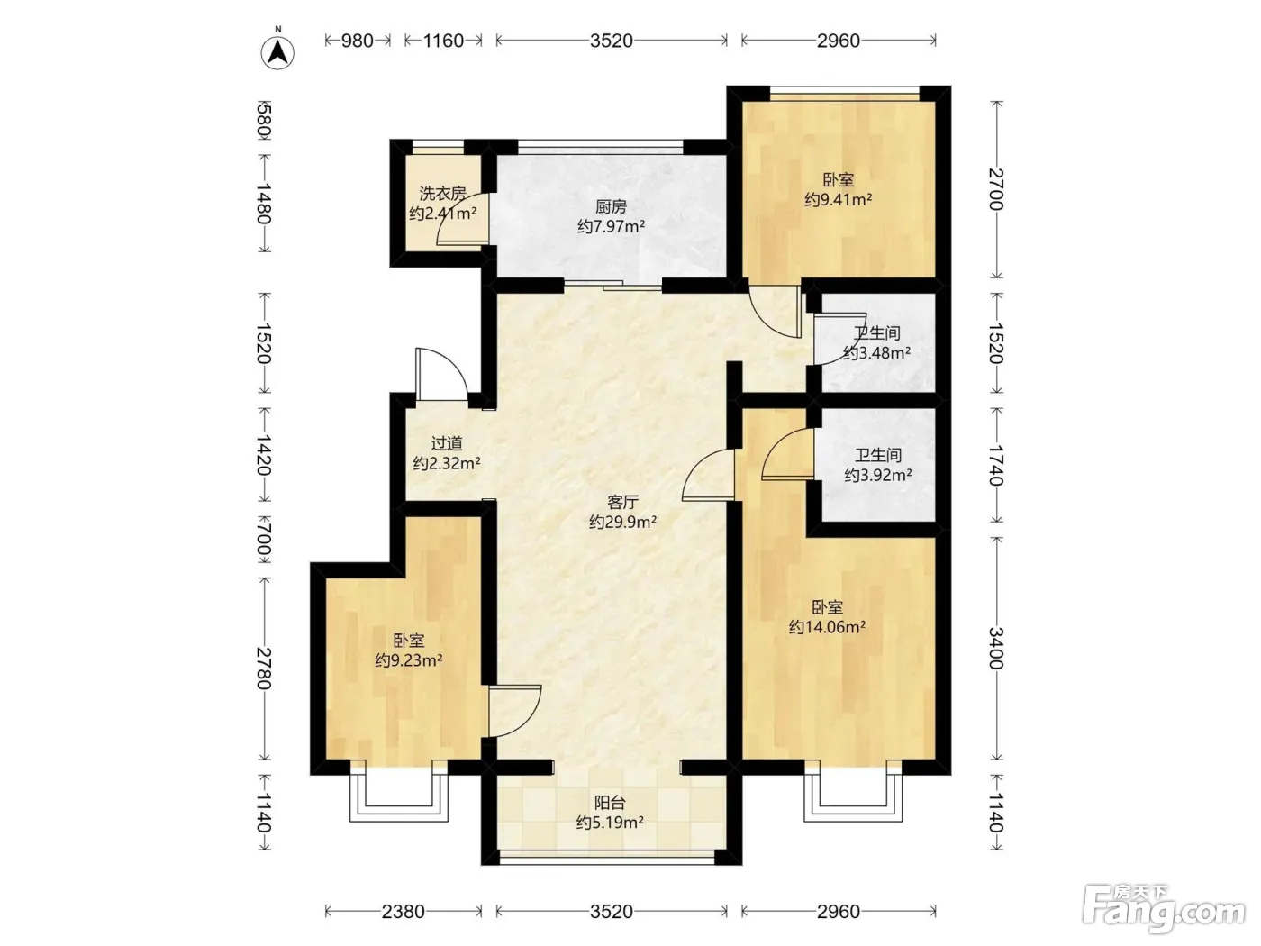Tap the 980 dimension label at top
[358, 41]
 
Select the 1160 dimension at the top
[443, 41]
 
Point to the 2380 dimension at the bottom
[403, 911]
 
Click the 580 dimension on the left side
[264, 122]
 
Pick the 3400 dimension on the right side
[996, 649]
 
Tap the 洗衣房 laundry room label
[442, 194]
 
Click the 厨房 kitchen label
[611, 206]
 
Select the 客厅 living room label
[622, 503]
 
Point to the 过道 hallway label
[447, 443]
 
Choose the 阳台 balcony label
[610, 803]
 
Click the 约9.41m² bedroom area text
[839, 200]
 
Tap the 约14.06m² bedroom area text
[827, 627]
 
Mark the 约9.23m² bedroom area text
[408, 660]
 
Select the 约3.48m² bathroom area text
[876, 352]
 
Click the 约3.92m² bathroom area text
[878, 475]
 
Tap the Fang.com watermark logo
[1163, 909]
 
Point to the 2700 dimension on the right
[996, 189]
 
